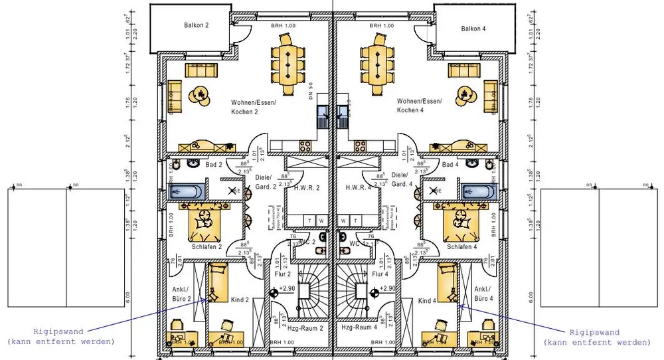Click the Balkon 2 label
(196, 25)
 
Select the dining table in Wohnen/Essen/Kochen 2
(288, 64)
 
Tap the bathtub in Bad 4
(478, 192)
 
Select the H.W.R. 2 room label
(307, 188)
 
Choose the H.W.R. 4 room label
(358, 188)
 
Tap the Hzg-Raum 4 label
(359, 328)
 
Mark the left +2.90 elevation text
(288, 289)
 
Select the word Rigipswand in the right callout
(595, 332)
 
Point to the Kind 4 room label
(428, 300)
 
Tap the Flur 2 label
(284, 273)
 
